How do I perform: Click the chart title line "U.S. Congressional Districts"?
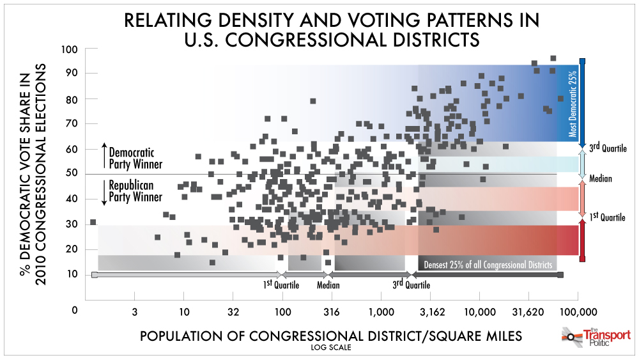(x=332, y=40)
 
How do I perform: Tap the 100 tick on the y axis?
(x=70, y=49)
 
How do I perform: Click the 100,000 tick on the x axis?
(x=578, y=312)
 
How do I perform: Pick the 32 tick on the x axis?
(x=233, y=312)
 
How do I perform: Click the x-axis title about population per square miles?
(x=331, y=336)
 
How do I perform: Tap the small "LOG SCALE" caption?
(x=331, y=348)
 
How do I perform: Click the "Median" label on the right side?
(x=601, y=179)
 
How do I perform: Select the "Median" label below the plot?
(x=328, y=286)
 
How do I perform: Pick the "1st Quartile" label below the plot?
(x=281, y=285)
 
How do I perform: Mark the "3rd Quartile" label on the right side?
(x=607, y=148)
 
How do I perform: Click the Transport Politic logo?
(x=596, y=336)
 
